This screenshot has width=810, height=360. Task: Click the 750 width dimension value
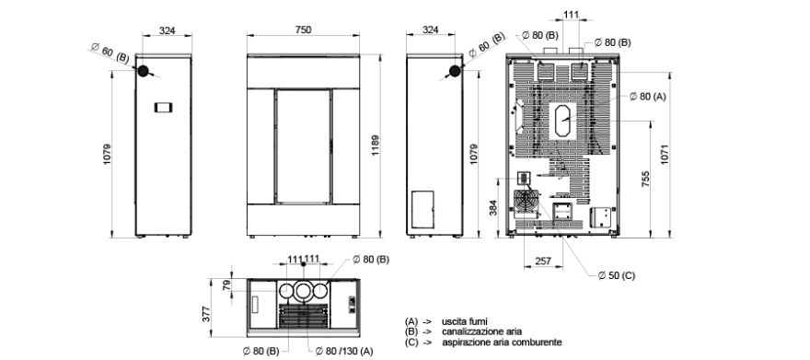tap(303, 30)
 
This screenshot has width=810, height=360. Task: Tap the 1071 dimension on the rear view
tap(665, 155)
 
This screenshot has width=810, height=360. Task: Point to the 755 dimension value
tap(645, 179)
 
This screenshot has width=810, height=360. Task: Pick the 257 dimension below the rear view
tap(543, 261)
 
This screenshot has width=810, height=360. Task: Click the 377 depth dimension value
tap(206, 314)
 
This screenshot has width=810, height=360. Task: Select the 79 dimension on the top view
tap(227, 285)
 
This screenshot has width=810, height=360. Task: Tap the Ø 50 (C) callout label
tap(617, 276)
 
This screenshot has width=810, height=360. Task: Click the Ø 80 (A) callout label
tap(648, 97)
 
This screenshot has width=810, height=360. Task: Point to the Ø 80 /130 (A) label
tap(344, 351)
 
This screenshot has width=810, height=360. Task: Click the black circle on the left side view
tap(143, 71)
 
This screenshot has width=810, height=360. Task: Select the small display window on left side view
tap(163, 108)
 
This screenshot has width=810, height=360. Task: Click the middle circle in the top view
tap(303, 291)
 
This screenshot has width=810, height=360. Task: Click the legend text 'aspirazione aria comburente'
tap(502, 343)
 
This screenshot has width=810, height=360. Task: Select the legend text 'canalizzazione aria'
tap(481, 331)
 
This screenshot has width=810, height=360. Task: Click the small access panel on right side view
tap(422, 209)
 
